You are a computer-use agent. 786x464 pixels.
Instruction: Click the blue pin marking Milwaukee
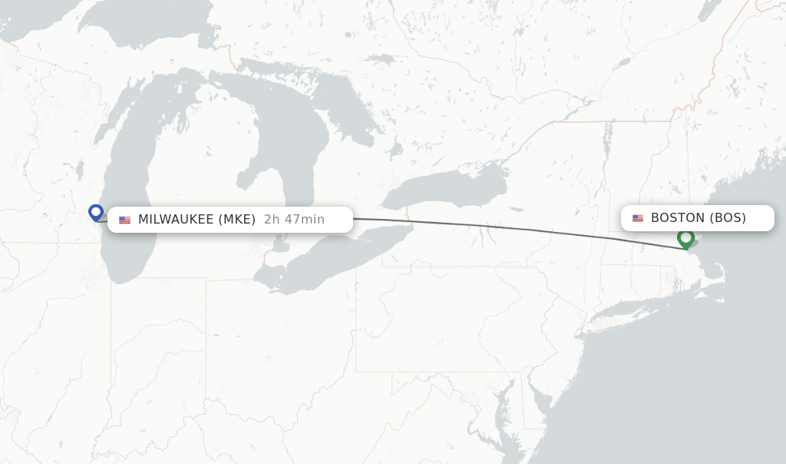click(x=96, y=212)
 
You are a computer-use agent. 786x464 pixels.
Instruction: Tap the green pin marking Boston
click(x=685, y=237)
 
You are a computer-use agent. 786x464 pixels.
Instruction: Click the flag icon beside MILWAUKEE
click(x=124, y=220)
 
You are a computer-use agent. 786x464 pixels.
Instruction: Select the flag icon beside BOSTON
click(x=638, y=219)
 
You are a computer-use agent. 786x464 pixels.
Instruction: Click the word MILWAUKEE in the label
click(x=176, y=220)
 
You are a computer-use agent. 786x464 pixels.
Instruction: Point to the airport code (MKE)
click(x=237, y=220)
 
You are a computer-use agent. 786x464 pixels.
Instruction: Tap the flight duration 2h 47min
click(x=294, y=220)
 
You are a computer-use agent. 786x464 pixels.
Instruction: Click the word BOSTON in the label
click(x=677, y=218)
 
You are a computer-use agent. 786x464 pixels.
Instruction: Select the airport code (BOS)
click(x=728, y=218)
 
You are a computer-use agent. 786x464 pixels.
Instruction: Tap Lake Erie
click(x=322, y=261)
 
